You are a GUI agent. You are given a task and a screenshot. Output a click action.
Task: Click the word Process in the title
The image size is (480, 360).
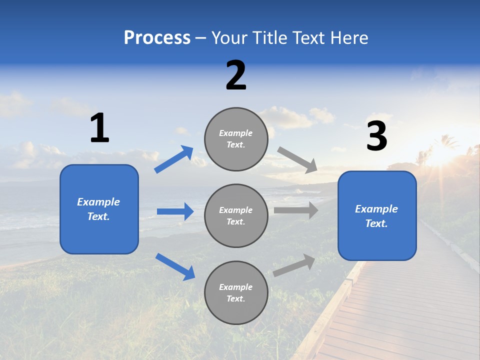(157, 38)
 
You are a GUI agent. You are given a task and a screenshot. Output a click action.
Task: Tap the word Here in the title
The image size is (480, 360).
(349, 38)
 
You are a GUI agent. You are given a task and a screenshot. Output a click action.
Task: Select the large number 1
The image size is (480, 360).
(99, 128)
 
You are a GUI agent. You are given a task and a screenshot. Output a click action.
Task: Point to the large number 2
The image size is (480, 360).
(236, 75)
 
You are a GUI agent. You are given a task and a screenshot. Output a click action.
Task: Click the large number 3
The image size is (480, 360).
(377, 136)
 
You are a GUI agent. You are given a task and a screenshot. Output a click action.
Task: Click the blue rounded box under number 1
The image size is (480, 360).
(99, 209)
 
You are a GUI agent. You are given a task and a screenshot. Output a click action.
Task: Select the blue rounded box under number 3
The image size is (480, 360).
(377, 216)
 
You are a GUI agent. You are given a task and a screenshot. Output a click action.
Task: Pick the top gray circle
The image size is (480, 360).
(236, 139)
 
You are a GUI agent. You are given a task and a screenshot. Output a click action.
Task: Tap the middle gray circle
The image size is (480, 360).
(236, 215)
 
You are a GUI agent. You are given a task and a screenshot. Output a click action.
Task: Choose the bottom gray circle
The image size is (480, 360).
(236, 292)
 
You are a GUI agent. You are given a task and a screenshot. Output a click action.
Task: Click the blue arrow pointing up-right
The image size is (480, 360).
(174, 159)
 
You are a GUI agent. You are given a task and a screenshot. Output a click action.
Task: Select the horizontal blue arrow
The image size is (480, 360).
(175, 211)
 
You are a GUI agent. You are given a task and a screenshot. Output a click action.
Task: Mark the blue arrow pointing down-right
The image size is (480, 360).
(175, 266)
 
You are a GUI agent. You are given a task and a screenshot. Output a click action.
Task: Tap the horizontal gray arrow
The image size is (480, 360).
(296, 210)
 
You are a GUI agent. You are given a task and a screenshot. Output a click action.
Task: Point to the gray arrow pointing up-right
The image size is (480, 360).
(294, 265)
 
